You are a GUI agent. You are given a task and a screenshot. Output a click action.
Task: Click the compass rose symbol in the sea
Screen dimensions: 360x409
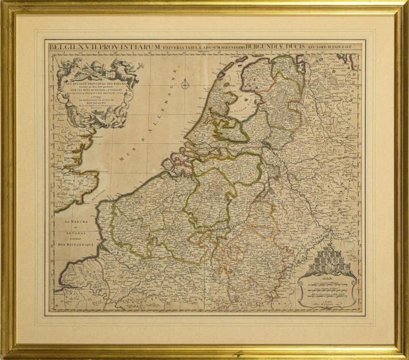tap(185, 85)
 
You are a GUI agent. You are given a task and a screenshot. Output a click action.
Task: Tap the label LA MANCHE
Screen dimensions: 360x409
tap(75, 223)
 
